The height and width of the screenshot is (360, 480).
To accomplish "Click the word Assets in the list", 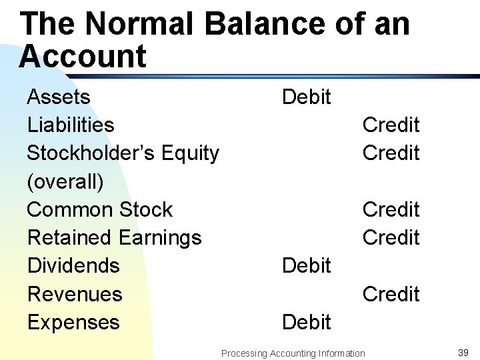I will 59,97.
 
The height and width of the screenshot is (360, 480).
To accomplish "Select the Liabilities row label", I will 71,125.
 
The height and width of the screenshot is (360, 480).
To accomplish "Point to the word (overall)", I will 65,182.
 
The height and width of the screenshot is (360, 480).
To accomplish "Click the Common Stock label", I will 99,210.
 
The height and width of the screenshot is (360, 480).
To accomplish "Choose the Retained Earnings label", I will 114,238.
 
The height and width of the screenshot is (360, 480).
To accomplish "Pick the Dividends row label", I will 73,266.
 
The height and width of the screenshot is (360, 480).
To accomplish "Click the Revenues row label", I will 75,294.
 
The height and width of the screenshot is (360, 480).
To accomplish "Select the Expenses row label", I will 73,323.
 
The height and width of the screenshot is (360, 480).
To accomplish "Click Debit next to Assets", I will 307,97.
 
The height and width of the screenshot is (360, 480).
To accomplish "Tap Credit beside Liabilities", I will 391,125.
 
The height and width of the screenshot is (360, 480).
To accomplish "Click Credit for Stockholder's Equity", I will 391,153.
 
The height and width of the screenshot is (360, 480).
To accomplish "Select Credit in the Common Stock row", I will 391,210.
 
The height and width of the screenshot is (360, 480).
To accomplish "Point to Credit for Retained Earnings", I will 391,238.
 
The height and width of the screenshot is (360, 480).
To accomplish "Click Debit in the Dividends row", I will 307,266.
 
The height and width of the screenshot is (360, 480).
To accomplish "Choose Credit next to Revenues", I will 391,294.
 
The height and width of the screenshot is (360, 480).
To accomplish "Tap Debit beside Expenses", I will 307,323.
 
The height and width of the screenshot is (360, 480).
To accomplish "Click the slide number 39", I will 463,352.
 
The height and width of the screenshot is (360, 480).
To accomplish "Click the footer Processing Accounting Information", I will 293,353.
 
